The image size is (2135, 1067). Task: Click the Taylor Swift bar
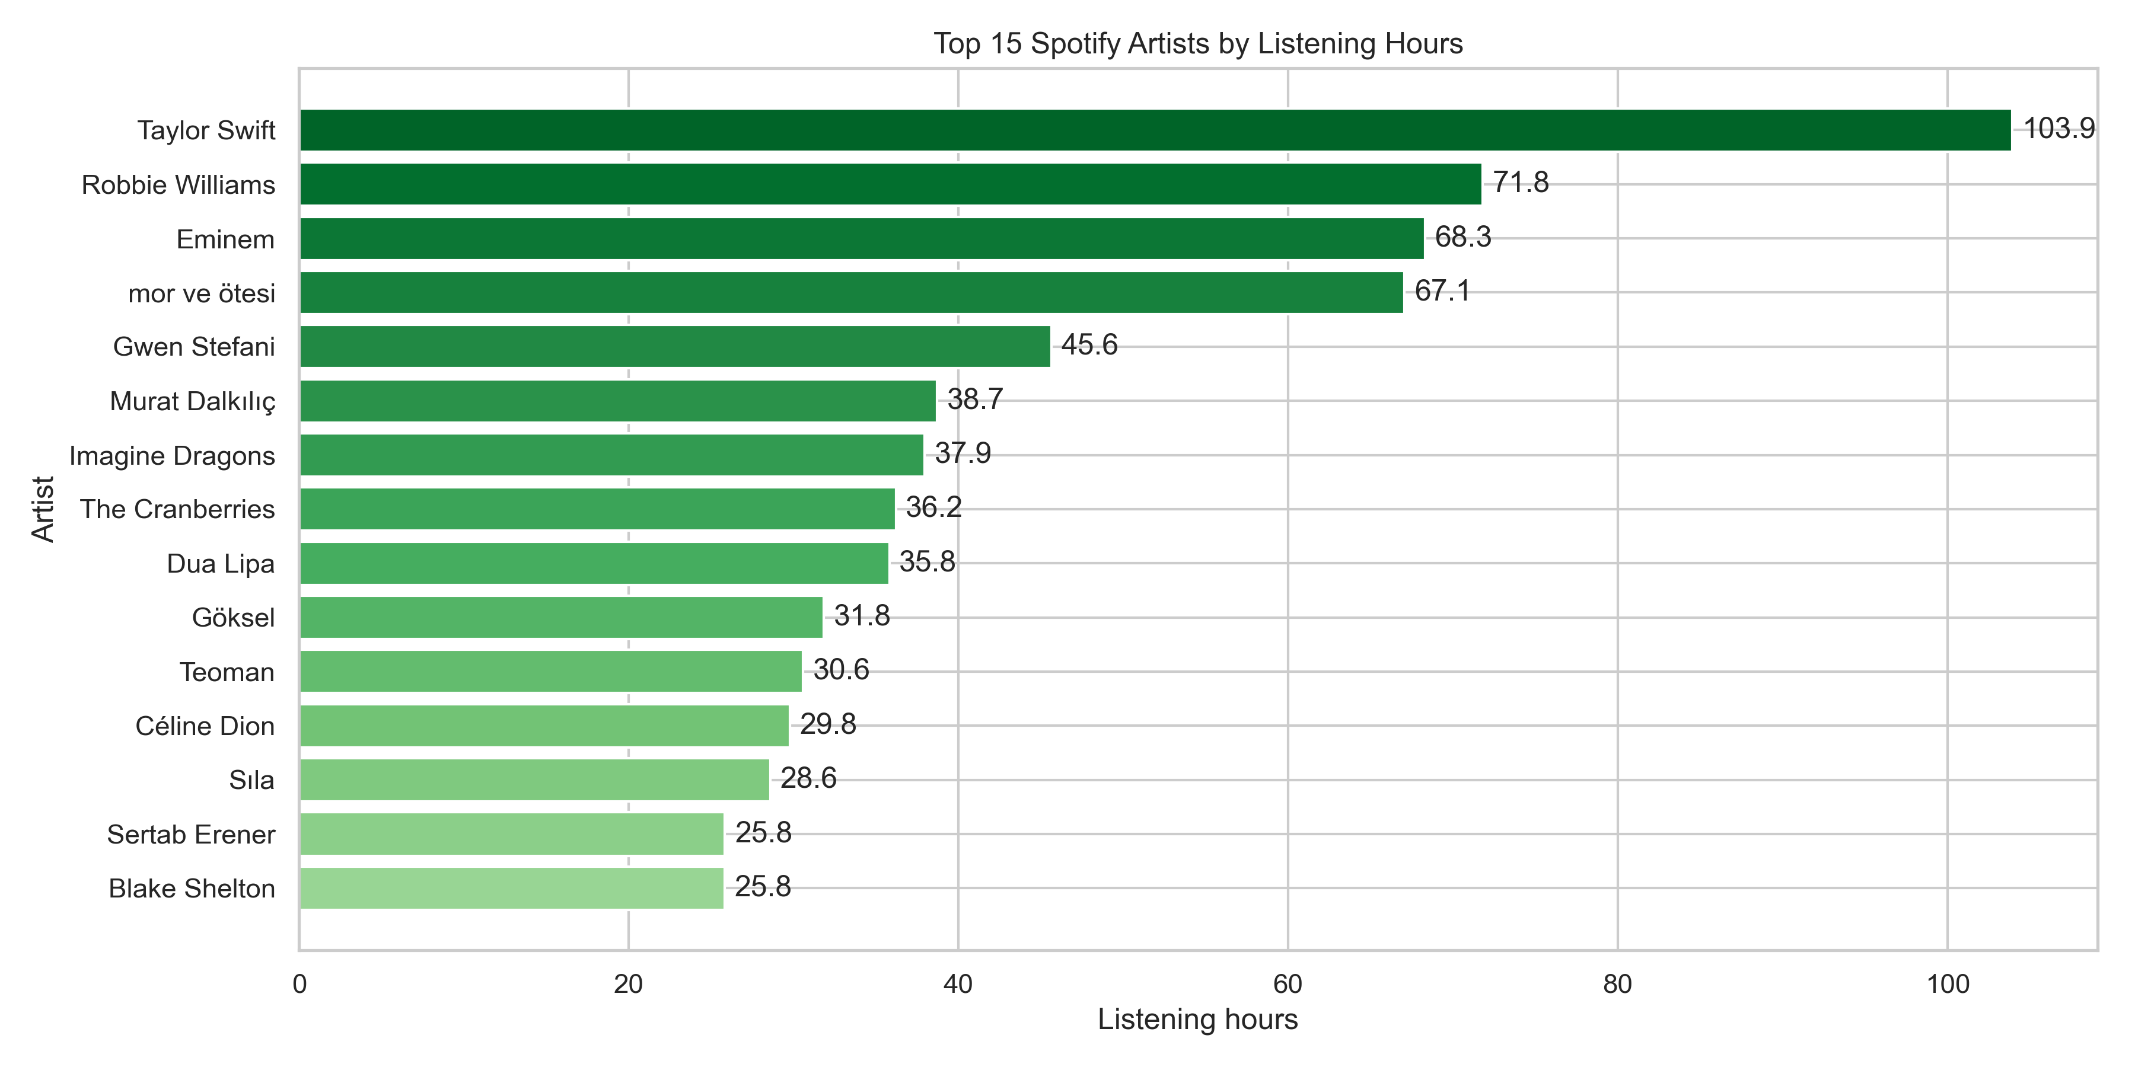point(1155,130)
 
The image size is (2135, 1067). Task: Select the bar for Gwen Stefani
point(675,346)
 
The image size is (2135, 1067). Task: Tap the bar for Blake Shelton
point(511,888)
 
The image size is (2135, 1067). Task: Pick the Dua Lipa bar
point(594,563)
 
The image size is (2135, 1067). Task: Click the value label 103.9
point(2058,129)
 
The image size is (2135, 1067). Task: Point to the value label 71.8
point(1520,182)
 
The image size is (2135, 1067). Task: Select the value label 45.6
point(1089,344)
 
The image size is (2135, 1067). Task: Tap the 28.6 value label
point(808,778)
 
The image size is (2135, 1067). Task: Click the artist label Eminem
point(225,239)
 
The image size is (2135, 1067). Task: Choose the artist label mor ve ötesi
point(202,293)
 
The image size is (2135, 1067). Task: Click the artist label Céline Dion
point(205,726)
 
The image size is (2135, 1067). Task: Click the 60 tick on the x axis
point(1287,984)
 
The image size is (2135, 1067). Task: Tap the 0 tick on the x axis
point(299,984)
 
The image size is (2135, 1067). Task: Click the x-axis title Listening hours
point(1197,1019)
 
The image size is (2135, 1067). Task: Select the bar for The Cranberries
point(597,509)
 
